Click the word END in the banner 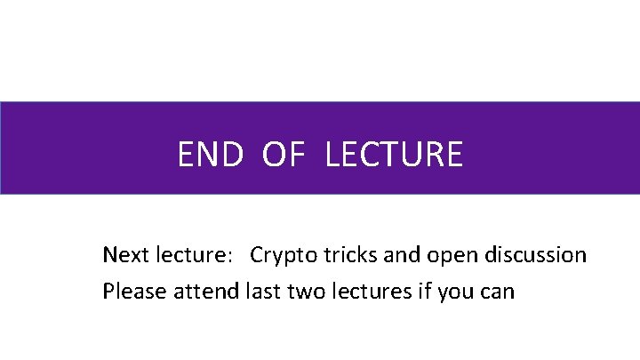tap(210, 155)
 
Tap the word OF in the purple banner tap(284, 155)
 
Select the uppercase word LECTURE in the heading tap(394, 155)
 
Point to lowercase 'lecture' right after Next tap(189, 256)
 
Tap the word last tap(262, 291)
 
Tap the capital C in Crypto tap(257, 256)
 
